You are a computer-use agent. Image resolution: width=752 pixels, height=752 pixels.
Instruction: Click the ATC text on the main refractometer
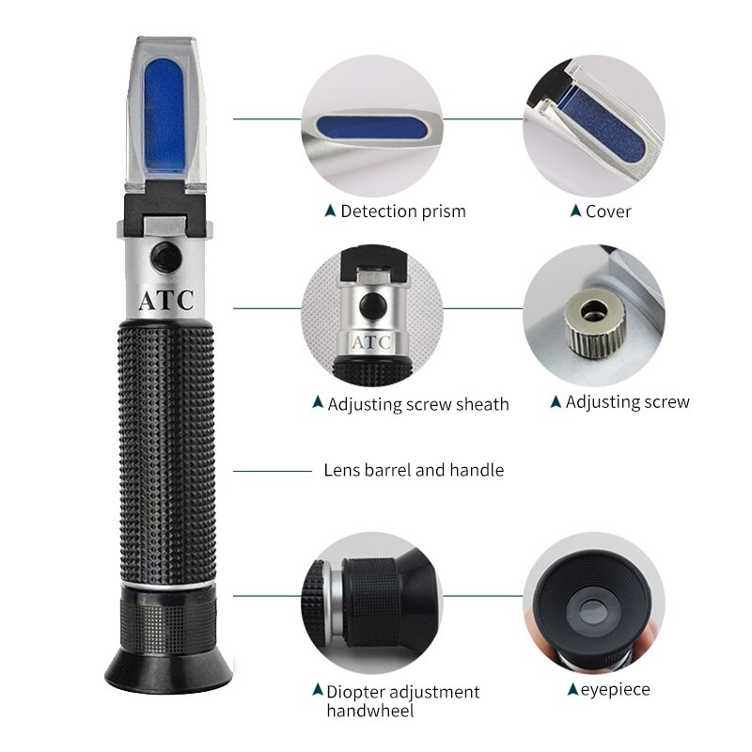pos(166,301)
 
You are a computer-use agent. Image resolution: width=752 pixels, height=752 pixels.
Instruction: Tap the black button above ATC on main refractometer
pos(166,254)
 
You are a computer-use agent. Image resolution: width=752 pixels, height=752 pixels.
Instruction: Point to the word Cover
pos(608,211)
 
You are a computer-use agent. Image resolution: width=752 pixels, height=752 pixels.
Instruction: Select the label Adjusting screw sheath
pos(417,404)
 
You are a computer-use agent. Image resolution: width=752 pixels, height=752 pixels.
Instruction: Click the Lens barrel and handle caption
pos(414,470)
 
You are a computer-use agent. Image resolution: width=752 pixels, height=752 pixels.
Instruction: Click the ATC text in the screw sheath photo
pos(370,341)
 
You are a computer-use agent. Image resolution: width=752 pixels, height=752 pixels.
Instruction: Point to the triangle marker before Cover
pos(575,211)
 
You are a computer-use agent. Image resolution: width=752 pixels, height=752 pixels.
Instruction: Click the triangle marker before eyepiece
pos(572,690)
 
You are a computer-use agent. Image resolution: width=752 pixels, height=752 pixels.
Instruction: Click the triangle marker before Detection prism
pos(329,211)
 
